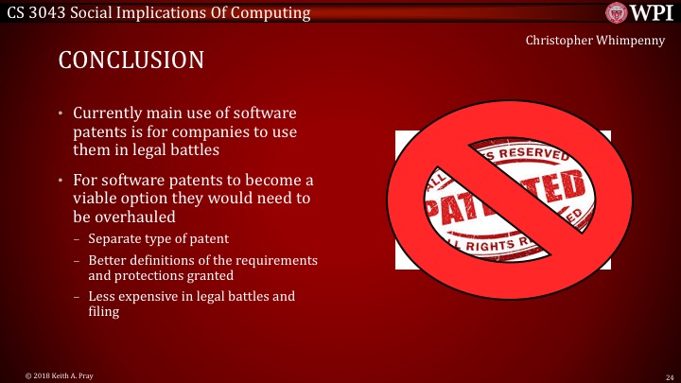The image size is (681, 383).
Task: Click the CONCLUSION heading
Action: [x=131, y=61]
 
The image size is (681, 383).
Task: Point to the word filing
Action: [x=104, y=311]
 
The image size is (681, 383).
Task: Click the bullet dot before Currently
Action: [x=61, y=114]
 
